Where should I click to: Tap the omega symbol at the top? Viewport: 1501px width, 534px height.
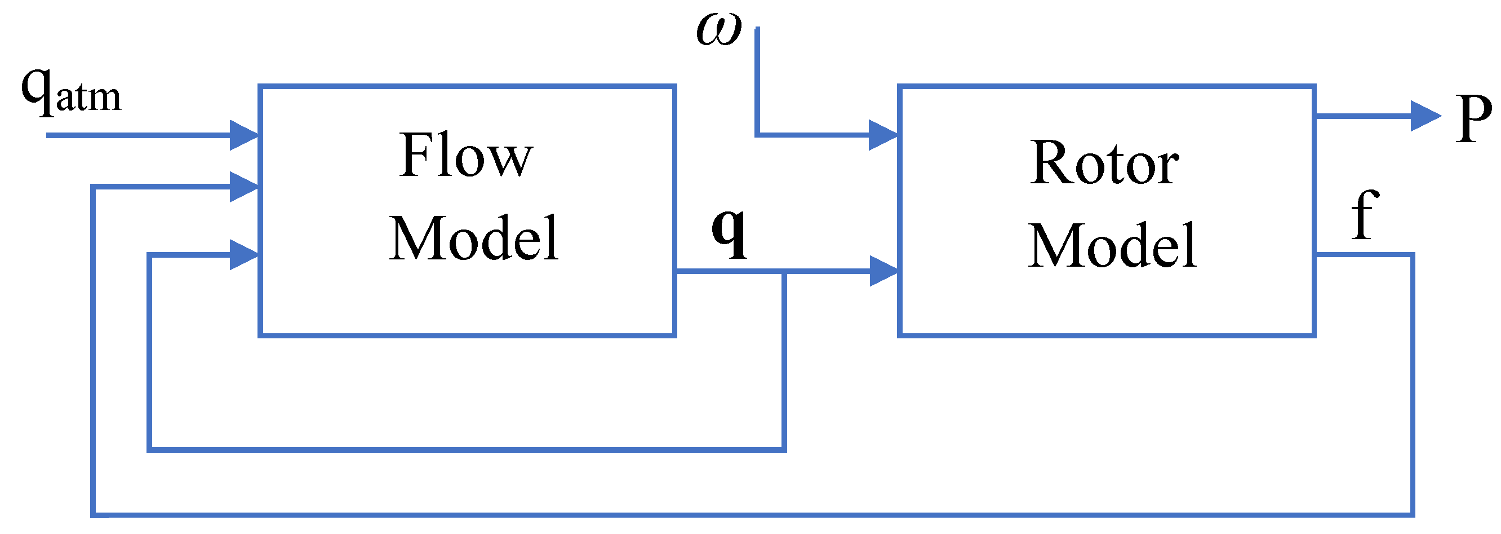point(719,29)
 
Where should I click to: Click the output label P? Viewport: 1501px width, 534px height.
point(1473,120)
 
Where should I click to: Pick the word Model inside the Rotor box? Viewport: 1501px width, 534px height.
point(1112,246)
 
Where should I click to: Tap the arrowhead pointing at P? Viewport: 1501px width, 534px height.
point(1425,116)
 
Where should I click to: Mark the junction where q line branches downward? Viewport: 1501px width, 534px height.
point(784,272)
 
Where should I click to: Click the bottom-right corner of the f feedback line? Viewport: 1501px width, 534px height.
point(1412,515)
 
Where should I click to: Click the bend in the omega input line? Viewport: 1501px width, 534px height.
point(757,135)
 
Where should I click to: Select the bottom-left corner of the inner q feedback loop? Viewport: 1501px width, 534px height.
point(150,449)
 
